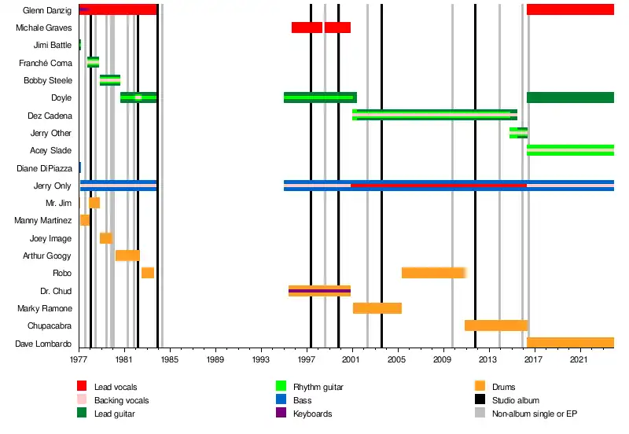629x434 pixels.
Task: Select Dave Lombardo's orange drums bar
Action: pyautogui.click(x=570, y=343)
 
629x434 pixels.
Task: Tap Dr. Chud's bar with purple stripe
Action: pyautogui.click(x=319, y=291)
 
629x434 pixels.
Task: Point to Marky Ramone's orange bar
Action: pyautogui.click(x=377, y=308)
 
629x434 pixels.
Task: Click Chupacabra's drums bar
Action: pyautogui.click(x=495, y=325)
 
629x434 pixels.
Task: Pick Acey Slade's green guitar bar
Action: pyautogui.click(x=570, y=150)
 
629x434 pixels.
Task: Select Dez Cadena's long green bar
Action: pyautogui.click(x=434, y=115)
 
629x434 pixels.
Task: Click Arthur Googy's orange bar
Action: pyautogui.click(x=127, y=256)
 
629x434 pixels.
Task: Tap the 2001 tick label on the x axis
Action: pyautogui.click(x=351, y=359)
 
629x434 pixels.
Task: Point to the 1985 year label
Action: pyautogui.click(x=170, y=359)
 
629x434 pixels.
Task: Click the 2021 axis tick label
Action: pyautogui.click(x=579, y=359)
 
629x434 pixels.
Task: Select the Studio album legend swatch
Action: pyautogui.click(x=480, y=400)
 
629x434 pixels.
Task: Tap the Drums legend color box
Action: pyautogui.click(x=480, y=387)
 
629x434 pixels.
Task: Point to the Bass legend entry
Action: pyautogui.click(x=303, y=400)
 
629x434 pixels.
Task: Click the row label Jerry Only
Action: pyautogui.click(x=53, y=186)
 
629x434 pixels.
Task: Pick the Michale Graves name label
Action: pyautogui.click(x=44, y=28)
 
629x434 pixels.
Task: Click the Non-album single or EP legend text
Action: pyautogui.click(x=535, y=414)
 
